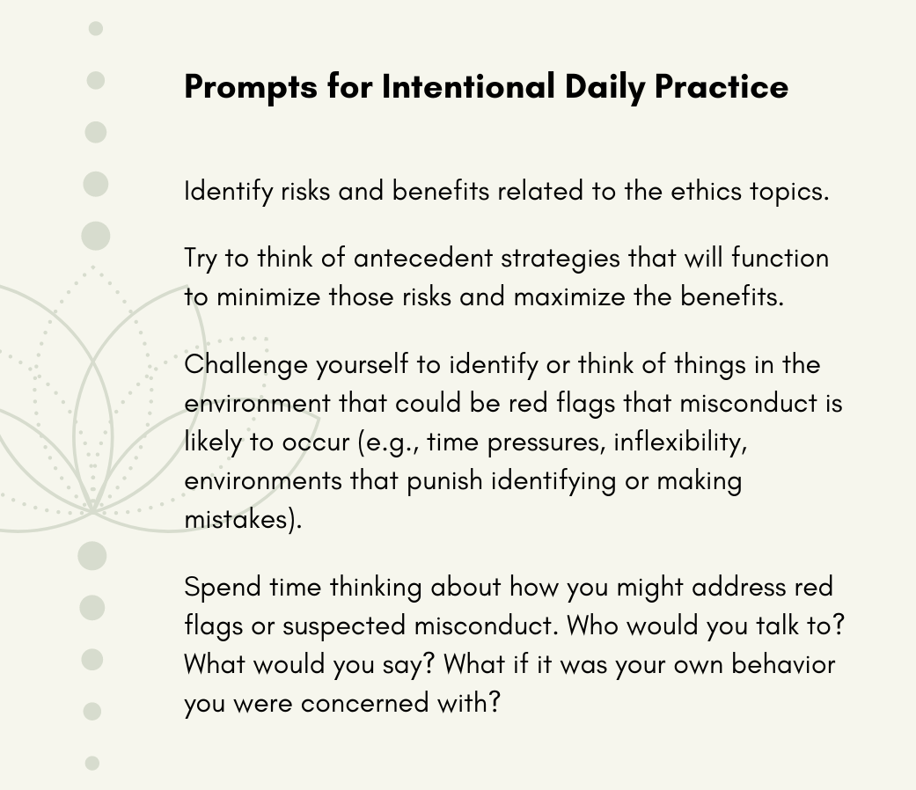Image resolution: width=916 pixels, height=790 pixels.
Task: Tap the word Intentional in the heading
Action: (x=467, y=87)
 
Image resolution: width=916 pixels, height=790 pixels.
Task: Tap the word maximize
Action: (x=570, y=296)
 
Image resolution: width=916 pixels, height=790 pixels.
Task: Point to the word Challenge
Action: (x=245, y=364)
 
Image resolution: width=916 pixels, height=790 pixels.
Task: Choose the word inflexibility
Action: (x=680, y=441)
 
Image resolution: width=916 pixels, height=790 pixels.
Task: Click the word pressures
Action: (x=546, y=442)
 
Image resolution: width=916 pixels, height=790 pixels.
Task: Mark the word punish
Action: (x=444, y=480)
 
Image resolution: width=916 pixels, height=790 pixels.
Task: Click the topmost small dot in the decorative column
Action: (x=96, y=29)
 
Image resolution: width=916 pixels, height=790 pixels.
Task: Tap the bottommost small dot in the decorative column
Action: (x=92, y=764)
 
